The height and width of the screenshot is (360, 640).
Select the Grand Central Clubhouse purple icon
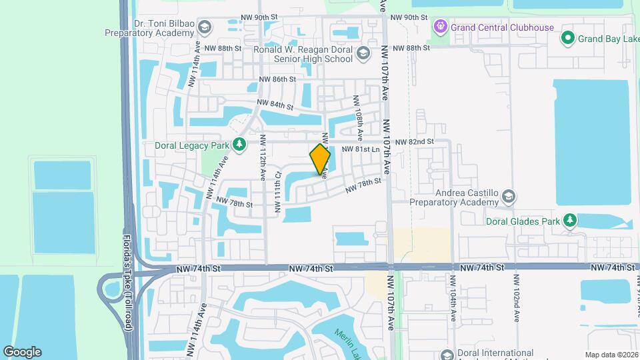[x=440, y=27]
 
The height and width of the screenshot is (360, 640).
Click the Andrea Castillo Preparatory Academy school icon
[x=509, y=196]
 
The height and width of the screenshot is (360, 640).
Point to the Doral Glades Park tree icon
[x=569, y=220]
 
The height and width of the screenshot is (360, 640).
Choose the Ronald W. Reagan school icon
[x=363, y=54]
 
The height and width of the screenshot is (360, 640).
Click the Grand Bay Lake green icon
[x=567, y=37]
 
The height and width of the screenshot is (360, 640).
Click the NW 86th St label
[x=277, y=79]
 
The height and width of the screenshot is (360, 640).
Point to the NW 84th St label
[x=276, y=105]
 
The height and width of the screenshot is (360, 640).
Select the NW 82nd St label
[x=414, y=142]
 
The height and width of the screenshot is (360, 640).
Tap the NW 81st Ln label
[x=360, y=151]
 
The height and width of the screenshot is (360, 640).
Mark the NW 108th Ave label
[x=358, y=117]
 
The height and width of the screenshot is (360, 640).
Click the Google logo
[x=22, y=351]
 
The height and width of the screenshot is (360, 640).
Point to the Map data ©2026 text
[x=612, y=355]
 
